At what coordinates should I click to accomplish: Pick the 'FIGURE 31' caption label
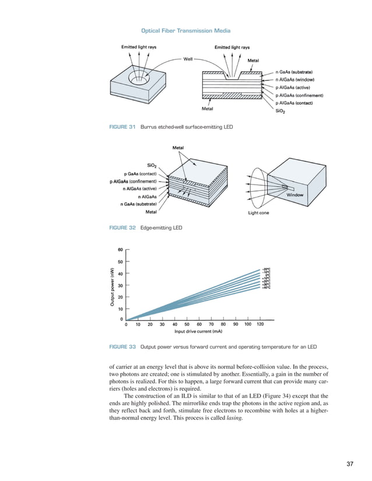coord(120,126)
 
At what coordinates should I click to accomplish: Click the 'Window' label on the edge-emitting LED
coord(294,195)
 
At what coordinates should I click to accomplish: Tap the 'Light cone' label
coord(259,213)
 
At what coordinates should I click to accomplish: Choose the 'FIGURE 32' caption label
coord(120,228)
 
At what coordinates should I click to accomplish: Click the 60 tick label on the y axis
coord(120,250)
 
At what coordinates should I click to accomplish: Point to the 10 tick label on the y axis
coord(120,309)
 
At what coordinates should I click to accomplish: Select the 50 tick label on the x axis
coord(187,324)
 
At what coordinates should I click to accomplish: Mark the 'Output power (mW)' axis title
coord(110,285)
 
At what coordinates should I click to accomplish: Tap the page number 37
coord(350,464)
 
